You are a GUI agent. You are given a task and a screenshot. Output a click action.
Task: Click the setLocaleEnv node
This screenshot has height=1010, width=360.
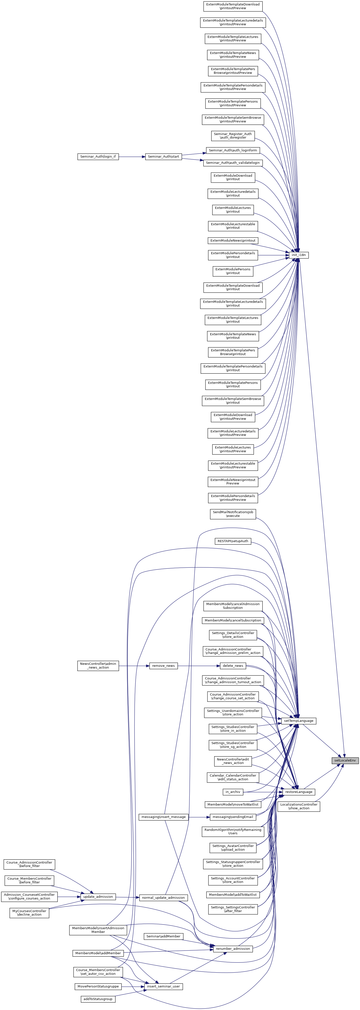pyautogui.click(x=345, y=760)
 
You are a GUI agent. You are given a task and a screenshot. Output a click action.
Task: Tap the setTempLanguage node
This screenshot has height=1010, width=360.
pyautogui.click(x=299, y=721)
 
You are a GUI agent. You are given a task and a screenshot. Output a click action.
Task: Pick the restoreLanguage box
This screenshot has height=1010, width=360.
pyautogui.click(x=299, y=792)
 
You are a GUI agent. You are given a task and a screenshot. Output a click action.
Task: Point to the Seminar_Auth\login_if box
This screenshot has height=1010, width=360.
pyautogui.click(x=98, y=156)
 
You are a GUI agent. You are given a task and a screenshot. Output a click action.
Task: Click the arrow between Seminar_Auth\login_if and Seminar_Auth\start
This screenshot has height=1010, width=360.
pyautogui.click(x=131, y=156)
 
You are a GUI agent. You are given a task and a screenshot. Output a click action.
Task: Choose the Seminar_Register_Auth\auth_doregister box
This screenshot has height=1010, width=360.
pyautogui.click(x=233, y=136)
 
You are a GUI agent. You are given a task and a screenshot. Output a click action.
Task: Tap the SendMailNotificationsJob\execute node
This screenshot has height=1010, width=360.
pyautogui.click(x=233, y=514)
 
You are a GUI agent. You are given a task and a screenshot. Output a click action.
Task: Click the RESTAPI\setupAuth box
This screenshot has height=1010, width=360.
pyautogui.click(x=233, y=541)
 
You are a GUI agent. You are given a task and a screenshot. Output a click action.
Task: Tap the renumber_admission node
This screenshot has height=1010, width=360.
pyautogui.click(x=233, y=949)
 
